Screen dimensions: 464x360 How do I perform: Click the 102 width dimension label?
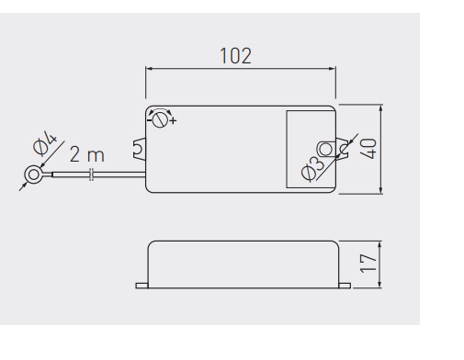tap(236, 56)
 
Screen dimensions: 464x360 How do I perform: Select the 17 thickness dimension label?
tap(368, 264)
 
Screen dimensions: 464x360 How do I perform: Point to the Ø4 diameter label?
tap(45, 143)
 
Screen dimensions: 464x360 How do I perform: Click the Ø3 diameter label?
tap(312, 168)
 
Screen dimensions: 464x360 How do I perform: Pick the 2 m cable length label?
tap(87, 154)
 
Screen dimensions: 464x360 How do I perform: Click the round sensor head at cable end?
tap(33, 174)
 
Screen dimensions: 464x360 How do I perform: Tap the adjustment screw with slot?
tap(160, 119)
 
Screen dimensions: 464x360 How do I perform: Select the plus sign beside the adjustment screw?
tap(174, 121)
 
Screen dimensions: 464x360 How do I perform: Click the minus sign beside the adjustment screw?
tap(149, 120)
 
